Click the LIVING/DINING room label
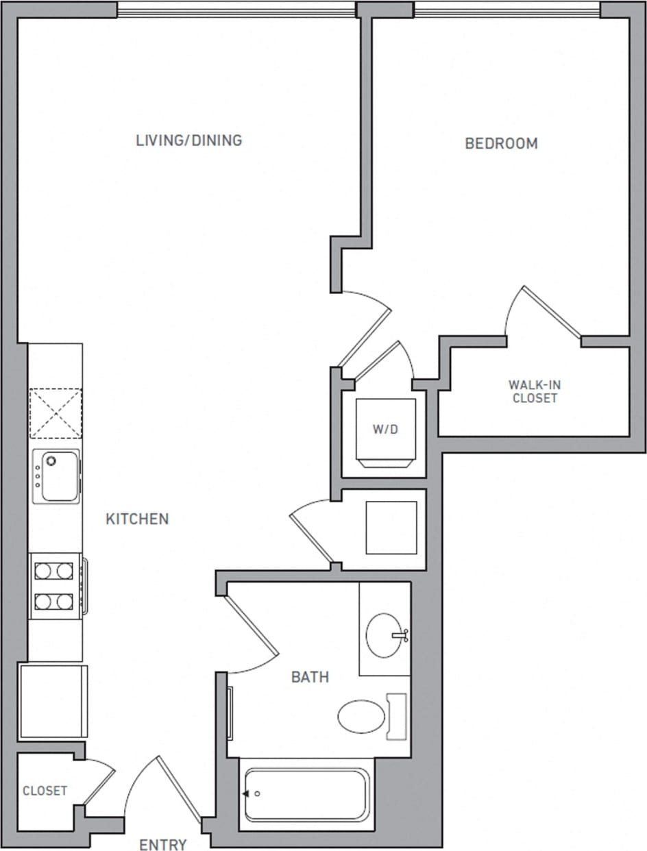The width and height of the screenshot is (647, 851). click(188, 140)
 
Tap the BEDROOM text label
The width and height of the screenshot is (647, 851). click(501, 144)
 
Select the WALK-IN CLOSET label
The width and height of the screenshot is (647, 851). click(535, 391)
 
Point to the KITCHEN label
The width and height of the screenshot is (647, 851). click(137, 519)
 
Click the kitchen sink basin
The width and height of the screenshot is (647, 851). click(58, 477)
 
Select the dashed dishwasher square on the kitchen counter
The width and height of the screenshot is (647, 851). click(55, 413)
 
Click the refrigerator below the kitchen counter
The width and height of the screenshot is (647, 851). click(53, 700)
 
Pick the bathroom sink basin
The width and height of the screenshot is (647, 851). click(385, 635)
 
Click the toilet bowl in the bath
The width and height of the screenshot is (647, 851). click(362, 716)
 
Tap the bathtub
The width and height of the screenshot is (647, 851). click(306, 795)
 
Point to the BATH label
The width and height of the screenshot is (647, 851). click(310, 678)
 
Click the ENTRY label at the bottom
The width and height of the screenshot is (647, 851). click(163, 844)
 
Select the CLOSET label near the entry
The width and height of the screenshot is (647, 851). click(45, 791)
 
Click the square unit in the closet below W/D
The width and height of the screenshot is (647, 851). click(391, 528)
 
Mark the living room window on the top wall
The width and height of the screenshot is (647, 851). click(236, 10)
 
